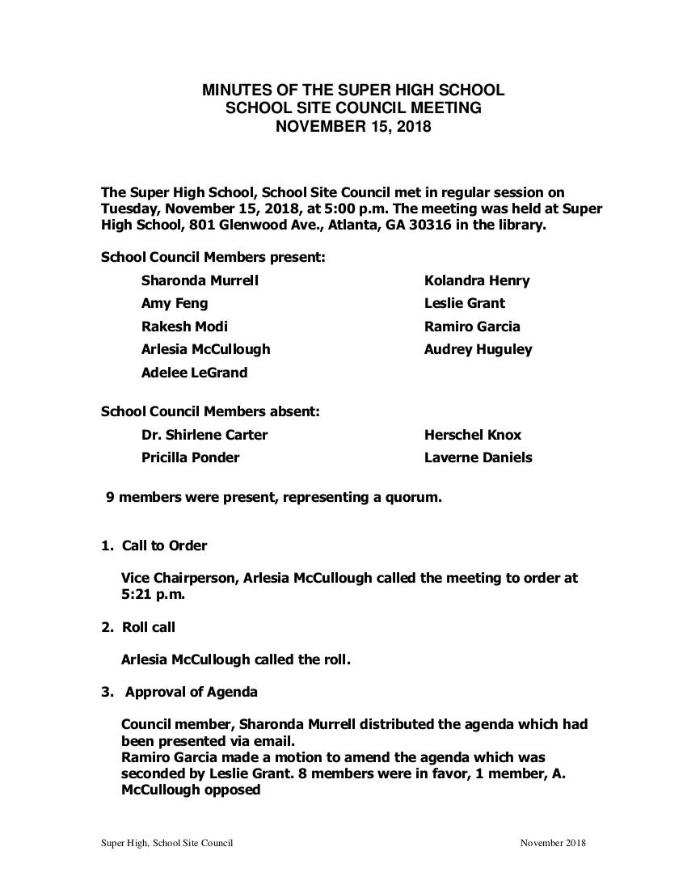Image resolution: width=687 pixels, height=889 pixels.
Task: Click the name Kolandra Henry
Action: point(477,281)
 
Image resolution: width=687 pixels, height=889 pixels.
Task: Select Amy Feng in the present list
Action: point(175,304)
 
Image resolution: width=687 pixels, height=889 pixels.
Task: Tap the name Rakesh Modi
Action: point(184,327)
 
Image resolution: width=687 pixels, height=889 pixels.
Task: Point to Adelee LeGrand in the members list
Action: point(194,373)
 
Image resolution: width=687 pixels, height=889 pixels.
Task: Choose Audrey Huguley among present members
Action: point(478,350)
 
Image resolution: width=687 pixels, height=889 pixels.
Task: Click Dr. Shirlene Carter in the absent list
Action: point(204,435)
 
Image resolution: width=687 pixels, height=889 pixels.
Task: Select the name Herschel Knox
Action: point(473,435)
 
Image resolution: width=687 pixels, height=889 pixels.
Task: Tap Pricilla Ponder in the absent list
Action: point(190,457)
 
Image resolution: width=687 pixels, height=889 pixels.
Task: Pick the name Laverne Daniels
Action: point(478,457)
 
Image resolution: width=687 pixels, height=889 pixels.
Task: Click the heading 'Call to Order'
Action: point(164,546)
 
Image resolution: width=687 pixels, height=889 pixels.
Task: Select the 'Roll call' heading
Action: point(149,627)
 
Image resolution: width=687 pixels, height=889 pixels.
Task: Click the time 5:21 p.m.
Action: point(153,595)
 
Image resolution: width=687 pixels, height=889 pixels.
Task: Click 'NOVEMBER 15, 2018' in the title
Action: point(353,126)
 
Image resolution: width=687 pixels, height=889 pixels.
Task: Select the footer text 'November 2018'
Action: point(553,843)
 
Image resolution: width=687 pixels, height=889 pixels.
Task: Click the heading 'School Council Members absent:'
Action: point(210,411)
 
